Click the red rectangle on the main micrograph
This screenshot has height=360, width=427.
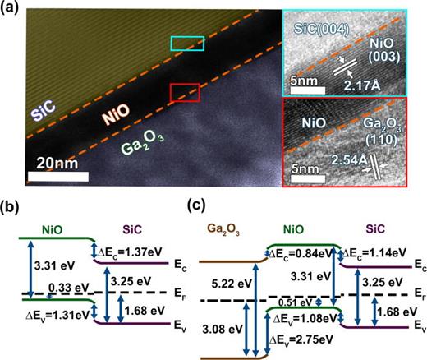pyautogui.click(x=184, y=93)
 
